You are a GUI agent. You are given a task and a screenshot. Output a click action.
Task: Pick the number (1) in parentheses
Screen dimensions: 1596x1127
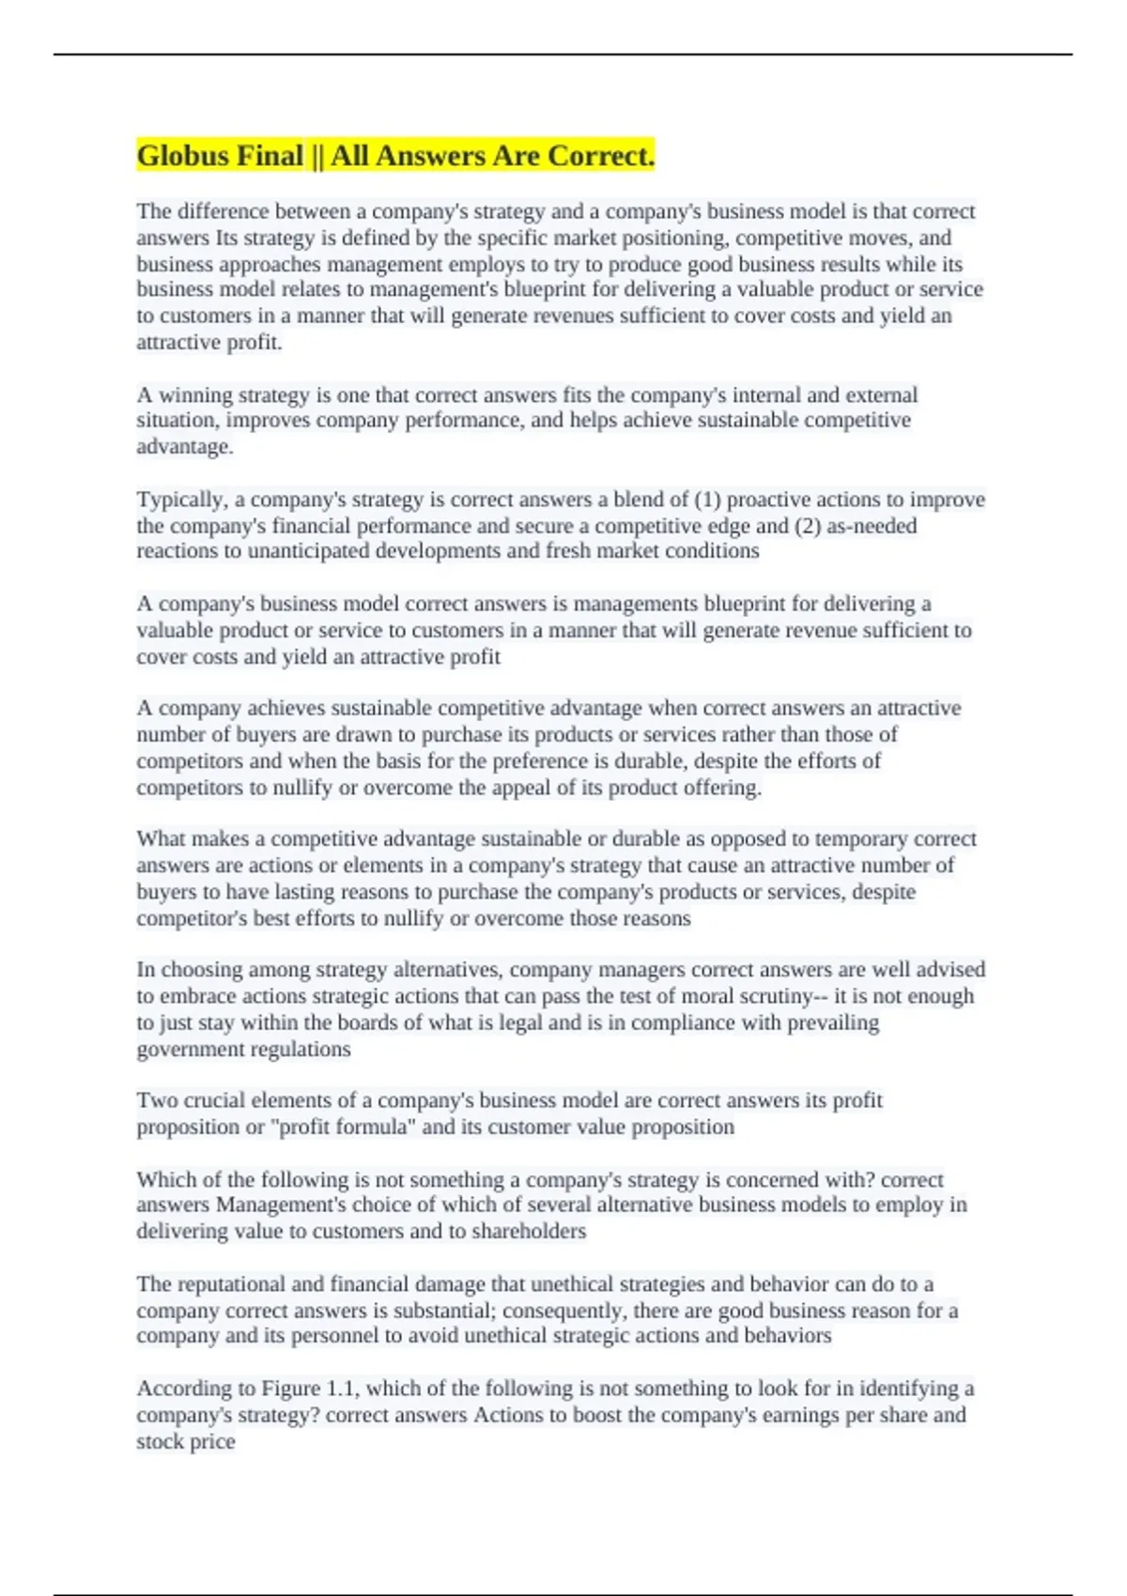pyautogui.click(x=708, y=499)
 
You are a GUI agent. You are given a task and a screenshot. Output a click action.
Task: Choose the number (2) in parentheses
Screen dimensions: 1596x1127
pyautogui.click(x=808, y=526)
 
